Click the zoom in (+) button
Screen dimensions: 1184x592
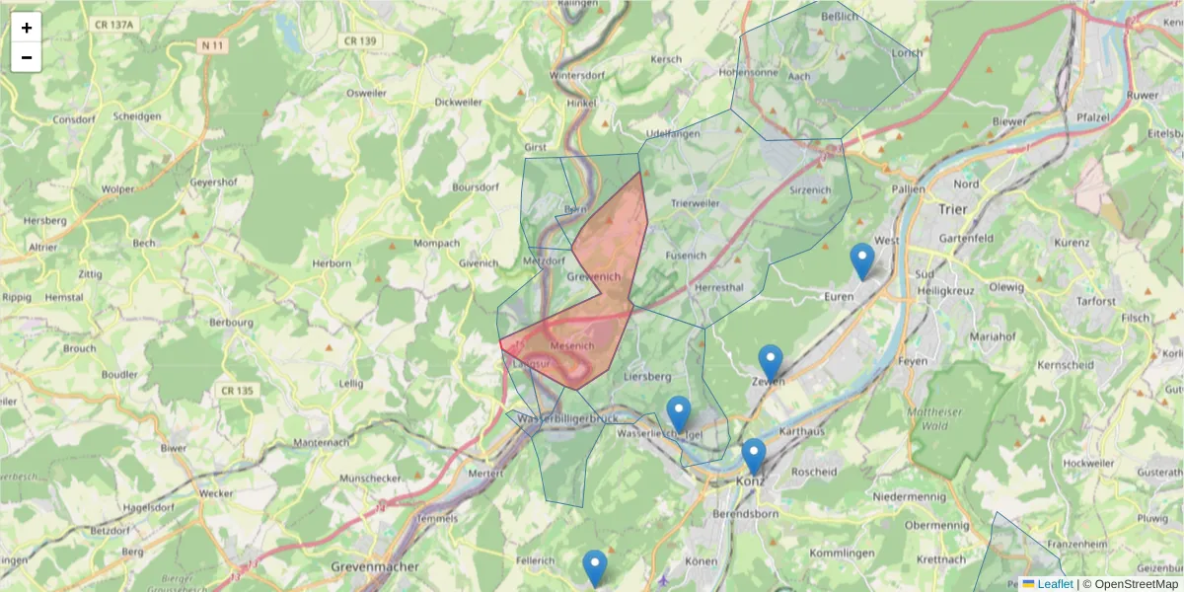(x=27, y=28)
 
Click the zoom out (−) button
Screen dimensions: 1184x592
(x=27, y=57)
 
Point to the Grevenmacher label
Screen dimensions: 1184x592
(x=375, y=567)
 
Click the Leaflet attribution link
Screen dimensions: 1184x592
(x=1055, y=584)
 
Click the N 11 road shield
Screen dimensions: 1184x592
(x=212, y=45)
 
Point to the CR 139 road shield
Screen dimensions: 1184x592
(x=360, y=40)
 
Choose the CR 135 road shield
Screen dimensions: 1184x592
(x=237, y=391)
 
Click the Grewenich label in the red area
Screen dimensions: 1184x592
(x=594, y=277)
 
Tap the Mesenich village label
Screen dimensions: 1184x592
(x=572, y=346)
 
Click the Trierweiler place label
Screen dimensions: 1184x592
(x=696, y=202)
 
